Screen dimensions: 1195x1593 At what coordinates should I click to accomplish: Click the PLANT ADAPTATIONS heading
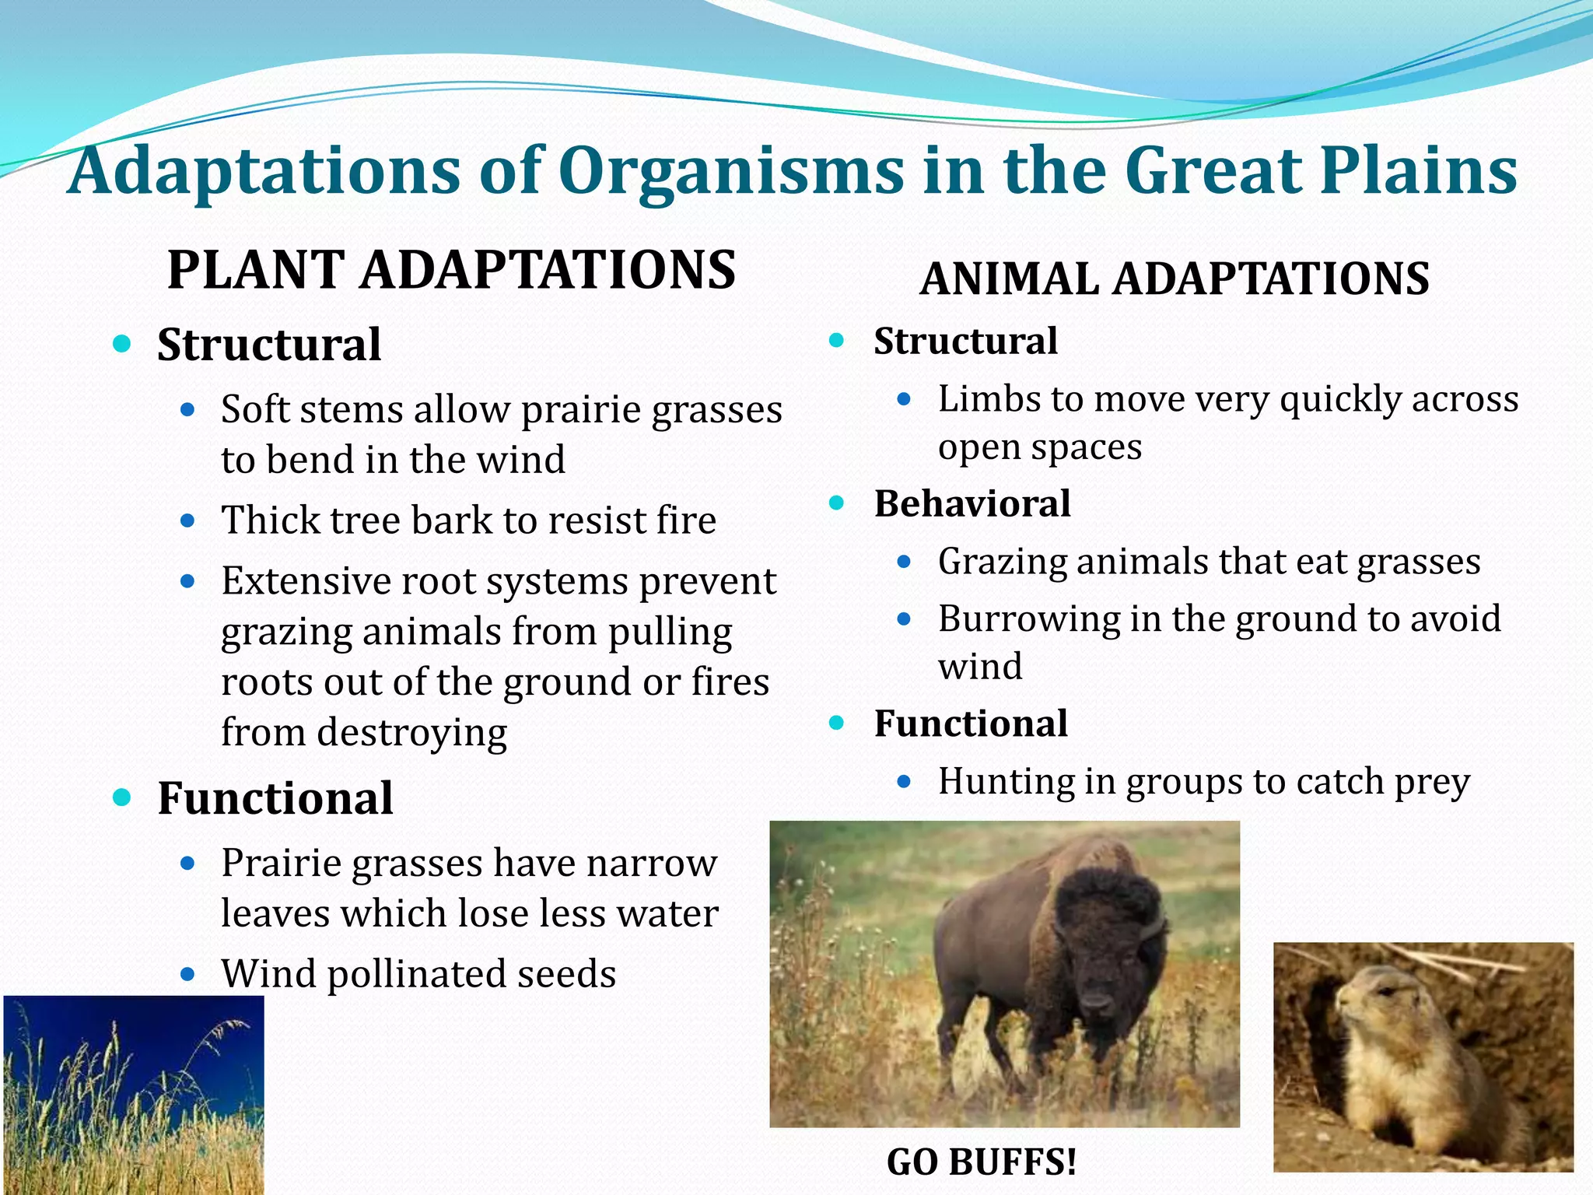click(x=451, y=270)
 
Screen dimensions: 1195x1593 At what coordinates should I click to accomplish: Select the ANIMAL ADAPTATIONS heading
click(x=1174, y=279)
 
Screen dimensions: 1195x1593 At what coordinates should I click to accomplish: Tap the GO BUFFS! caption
click(x=982, y=1162)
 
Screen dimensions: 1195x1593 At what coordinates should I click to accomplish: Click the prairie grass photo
click(x=133, y=1095)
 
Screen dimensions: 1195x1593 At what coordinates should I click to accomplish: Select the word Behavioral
click(x=972, y=503)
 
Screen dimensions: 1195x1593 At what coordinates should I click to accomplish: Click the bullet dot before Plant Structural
click(x=122, y=344)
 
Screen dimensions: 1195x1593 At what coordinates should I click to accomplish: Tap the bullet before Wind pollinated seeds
click(x=187, y=973)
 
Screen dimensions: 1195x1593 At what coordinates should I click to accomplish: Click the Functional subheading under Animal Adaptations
click(x=971, y=724)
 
